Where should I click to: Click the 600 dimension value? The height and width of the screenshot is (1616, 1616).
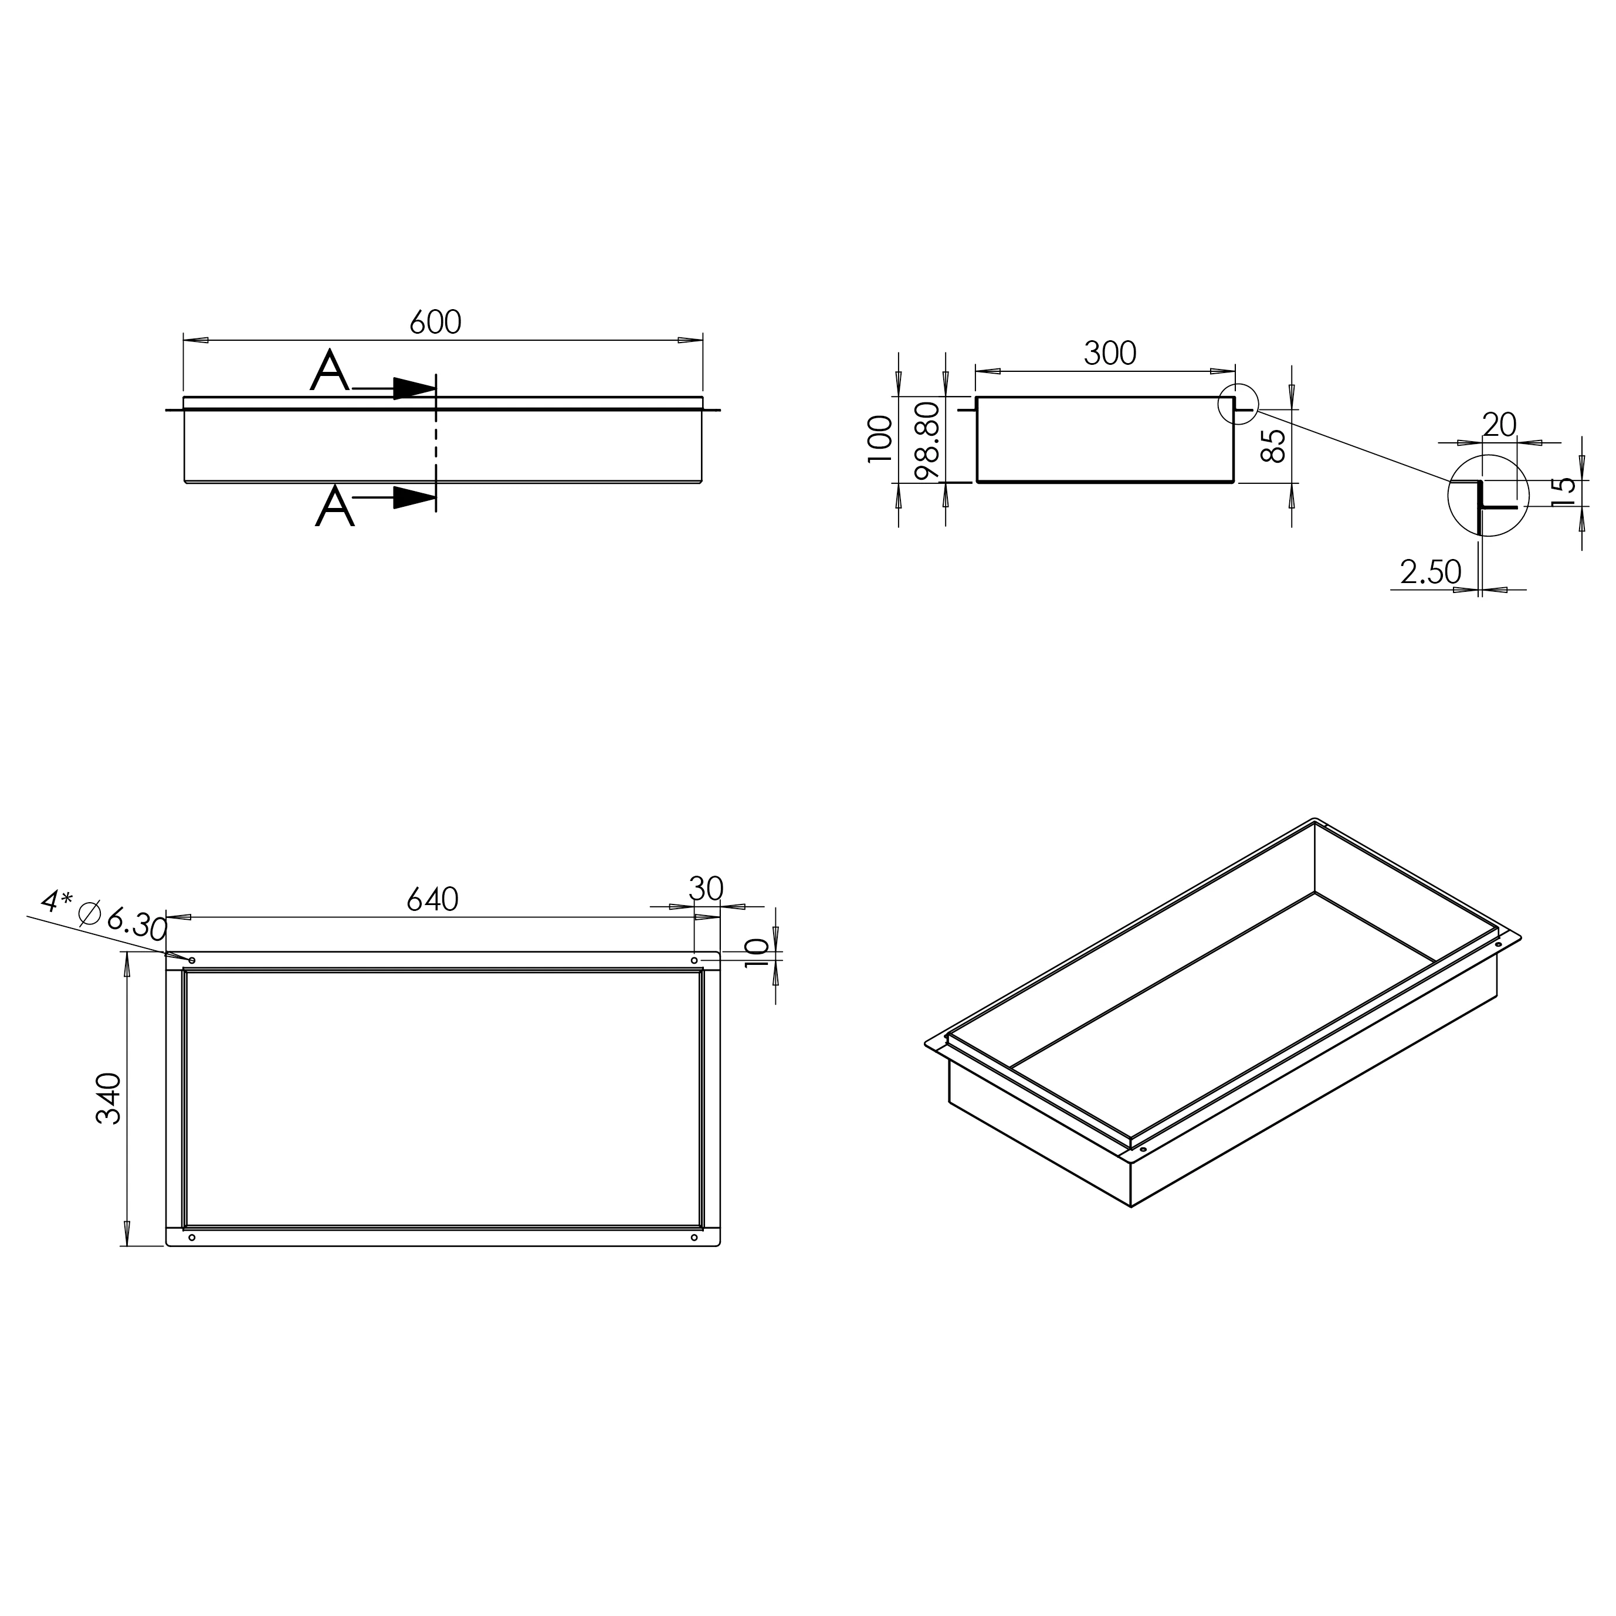coord(435,322)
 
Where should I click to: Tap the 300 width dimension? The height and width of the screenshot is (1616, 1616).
coord(1110,354)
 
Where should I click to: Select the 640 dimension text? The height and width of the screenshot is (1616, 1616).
coord(432,899)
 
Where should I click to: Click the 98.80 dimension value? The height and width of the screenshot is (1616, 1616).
coord(929,439)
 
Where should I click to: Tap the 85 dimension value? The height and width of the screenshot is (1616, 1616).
coord(1272,446)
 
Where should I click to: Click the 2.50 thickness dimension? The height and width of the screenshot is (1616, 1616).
coord(1430,572)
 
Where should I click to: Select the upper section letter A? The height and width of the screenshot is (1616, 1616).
coord(330,371)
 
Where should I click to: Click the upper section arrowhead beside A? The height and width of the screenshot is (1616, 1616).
coord(415,389)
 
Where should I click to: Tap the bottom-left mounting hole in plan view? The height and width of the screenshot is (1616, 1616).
coord(192,1237)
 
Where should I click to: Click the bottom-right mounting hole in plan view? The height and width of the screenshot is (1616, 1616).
coord(694,1237)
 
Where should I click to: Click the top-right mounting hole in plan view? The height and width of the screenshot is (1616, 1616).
coord(694,960)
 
